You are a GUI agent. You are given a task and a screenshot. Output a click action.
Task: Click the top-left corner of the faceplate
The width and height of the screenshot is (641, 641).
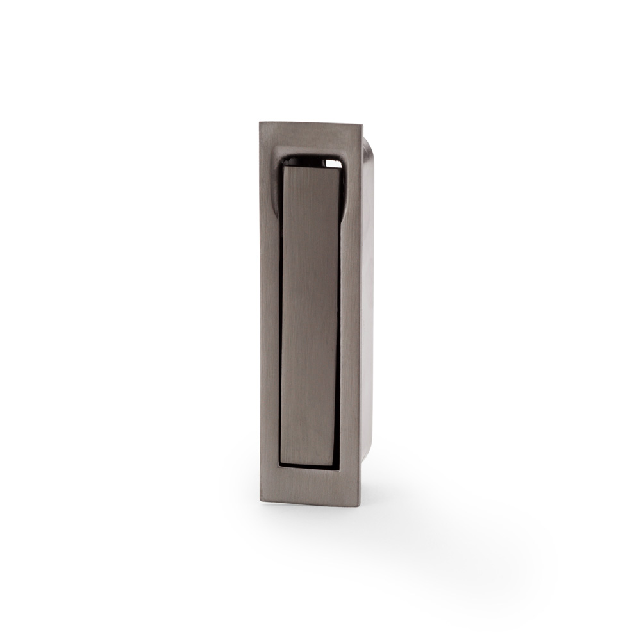click(261, 123)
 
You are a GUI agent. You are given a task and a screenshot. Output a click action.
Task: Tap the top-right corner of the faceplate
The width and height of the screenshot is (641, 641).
click(362, 124)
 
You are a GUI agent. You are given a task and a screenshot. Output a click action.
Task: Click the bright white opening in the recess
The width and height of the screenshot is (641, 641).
click(333, 163)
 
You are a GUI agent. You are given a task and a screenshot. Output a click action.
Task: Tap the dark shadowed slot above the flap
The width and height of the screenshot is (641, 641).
click(301, 160)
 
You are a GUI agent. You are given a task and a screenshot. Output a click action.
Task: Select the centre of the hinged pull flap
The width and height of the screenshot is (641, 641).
click(310, 314)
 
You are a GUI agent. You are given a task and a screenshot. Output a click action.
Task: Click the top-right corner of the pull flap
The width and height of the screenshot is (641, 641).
click(340, 169)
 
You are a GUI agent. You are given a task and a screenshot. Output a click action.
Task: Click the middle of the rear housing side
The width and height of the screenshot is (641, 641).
click(368, 301)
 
